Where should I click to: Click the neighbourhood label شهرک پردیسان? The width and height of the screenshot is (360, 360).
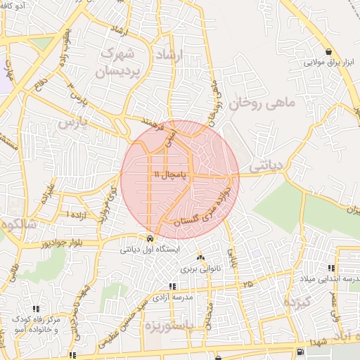[x=119, y=61]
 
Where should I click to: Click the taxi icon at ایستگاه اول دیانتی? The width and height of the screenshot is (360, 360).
[x=150, y=238]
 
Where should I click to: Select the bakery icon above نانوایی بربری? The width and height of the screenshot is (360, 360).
[x=201, y=258]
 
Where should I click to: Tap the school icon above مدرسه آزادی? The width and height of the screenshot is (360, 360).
[x=173, y=286]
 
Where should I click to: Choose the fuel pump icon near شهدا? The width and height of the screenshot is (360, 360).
[x=300, y=352]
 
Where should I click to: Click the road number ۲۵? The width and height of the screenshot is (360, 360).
[x=247, y=284]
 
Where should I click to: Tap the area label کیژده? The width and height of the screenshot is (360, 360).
[x=296, y=303]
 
